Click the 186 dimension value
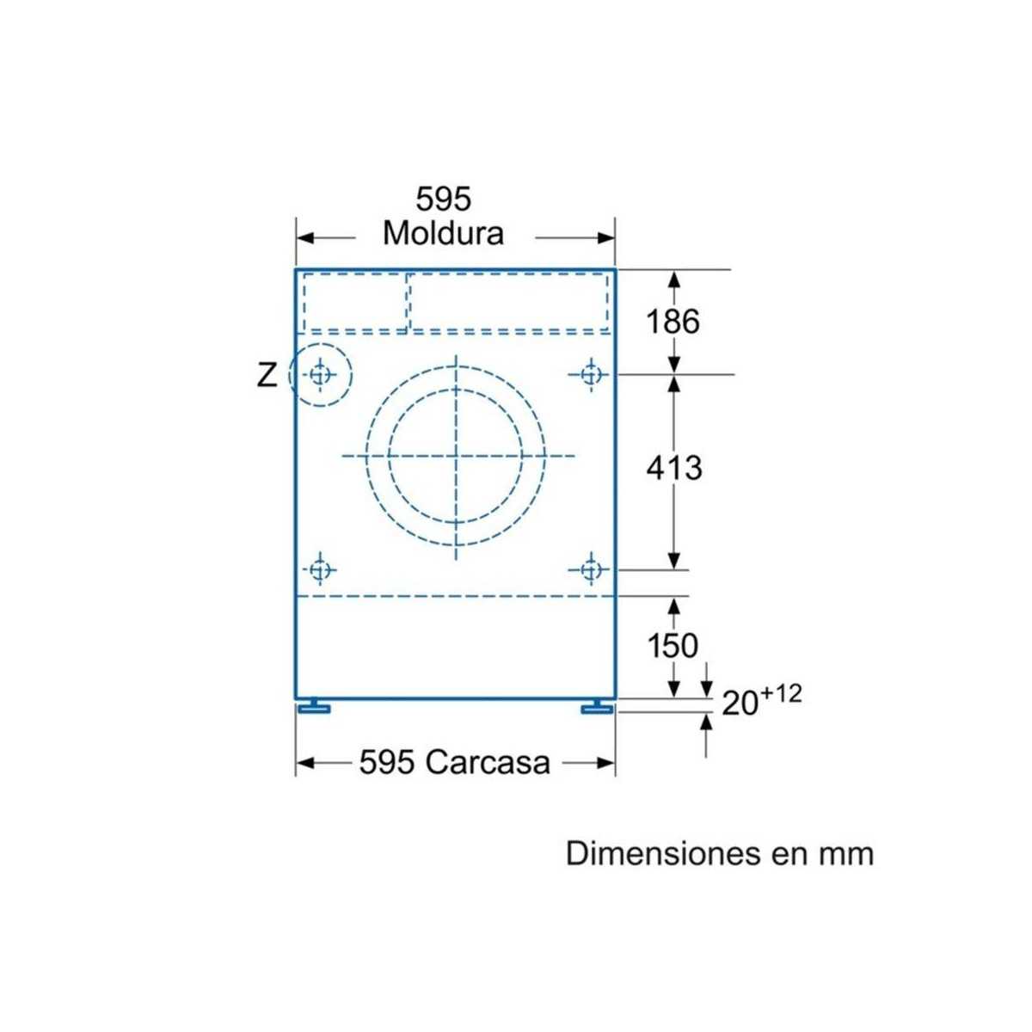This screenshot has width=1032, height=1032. [x=673, y=322]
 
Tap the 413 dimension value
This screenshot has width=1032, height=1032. [x=674, y=468]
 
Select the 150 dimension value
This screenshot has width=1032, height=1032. [x=673, y=645]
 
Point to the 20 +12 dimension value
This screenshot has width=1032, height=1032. [x=761, y=699]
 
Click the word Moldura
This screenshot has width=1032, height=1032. [x=443, y=233]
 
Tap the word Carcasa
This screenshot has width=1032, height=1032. [x=487, y=762]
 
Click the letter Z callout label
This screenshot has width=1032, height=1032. [x=267, y=375]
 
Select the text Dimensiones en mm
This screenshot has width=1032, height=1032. [x=719, y=854]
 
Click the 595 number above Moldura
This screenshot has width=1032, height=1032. [x=444, y=200]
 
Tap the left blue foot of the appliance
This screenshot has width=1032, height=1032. [x=314, y=707]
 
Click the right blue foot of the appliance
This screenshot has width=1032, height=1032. [x=597, y=707]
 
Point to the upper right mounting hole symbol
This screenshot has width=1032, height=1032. [x=590, y=374]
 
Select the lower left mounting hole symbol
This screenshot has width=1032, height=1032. [x=321, y=569]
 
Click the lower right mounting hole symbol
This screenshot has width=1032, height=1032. [x=590, y=569]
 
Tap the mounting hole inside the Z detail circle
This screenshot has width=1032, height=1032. [x=321, y=375]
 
